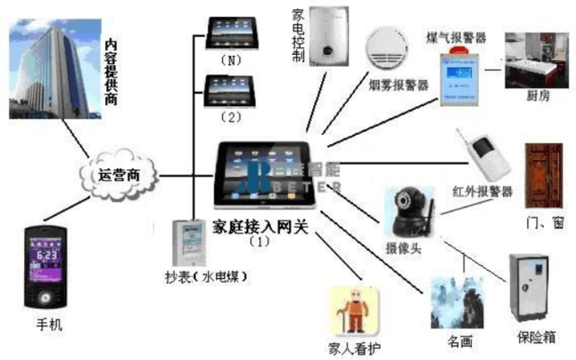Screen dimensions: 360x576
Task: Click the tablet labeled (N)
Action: pos(229,32)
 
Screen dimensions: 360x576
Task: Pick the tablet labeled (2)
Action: pos(229,91)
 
